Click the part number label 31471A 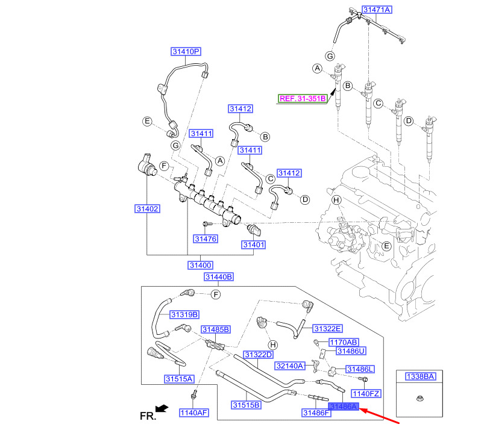377,10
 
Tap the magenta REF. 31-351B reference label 302,98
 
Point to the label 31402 146,209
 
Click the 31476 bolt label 205,239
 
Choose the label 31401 254,245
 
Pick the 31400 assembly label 200,265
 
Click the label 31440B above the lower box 218,277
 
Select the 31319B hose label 184,314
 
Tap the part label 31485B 216,329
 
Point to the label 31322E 327,328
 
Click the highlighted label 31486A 343,407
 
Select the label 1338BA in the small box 420,376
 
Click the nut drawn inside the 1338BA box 420,399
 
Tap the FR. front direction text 148,415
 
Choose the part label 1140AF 193,413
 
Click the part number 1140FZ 366,393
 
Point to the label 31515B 247,404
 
